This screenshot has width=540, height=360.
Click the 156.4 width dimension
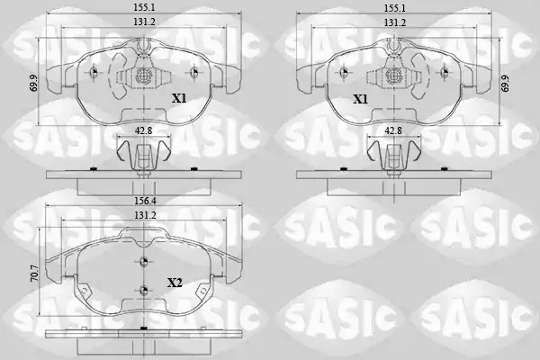point(145,200)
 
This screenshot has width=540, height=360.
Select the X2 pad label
point(175,283)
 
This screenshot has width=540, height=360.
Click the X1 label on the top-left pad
point(179,99)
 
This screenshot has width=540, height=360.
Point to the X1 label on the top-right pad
point(360,100)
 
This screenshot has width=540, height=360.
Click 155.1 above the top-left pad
point(144,7)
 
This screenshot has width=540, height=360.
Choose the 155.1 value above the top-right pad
point(395,7)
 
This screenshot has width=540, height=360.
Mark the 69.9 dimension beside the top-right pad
point(505,83)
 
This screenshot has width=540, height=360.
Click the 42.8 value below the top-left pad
point(144,130)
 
